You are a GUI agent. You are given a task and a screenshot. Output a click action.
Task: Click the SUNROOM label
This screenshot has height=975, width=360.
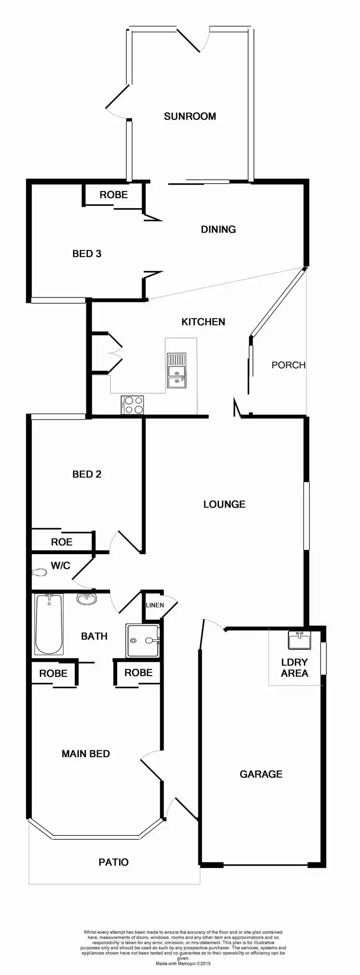tap(190, 116)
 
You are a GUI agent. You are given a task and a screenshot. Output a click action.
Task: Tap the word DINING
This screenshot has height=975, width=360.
tap(218, 229)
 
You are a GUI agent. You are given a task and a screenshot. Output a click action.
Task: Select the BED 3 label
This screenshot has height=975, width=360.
tap(87, 253)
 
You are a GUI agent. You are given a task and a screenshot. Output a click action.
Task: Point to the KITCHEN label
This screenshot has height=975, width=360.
tap(203, 321)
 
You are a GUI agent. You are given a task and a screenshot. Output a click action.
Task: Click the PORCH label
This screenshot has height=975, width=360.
tap(288, 365)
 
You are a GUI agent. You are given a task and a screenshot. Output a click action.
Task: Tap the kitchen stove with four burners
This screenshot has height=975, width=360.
tap(132, 404)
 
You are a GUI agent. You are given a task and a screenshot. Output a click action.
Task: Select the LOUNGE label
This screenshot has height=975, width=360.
tap(224, 504)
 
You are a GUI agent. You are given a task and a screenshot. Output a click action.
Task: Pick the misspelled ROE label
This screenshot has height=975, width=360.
tap(62, 542)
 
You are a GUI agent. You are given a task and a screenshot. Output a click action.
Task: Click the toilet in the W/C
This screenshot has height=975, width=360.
tap(39, 572)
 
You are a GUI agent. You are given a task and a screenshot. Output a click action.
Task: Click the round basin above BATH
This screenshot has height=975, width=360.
tap(86, 599)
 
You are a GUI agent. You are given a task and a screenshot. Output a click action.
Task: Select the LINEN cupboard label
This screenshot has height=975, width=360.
tap(155, 605)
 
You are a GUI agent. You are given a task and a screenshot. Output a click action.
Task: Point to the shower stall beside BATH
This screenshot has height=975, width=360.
tap(142, 640)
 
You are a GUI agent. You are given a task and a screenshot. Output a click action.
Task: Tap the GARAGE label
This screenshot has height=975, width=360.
tap(261, 774)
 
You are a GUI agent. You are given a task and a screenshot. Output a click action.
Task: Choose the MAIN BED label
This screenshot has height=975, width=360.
tap(86, 754)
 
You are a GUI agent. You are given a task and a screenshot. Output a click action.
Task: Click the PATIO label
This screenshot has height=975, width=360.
tap(114, 862)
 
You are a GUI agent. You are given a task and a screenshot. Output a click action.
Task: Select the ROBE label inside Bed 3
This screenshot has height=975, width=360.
tap(114, 195)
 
